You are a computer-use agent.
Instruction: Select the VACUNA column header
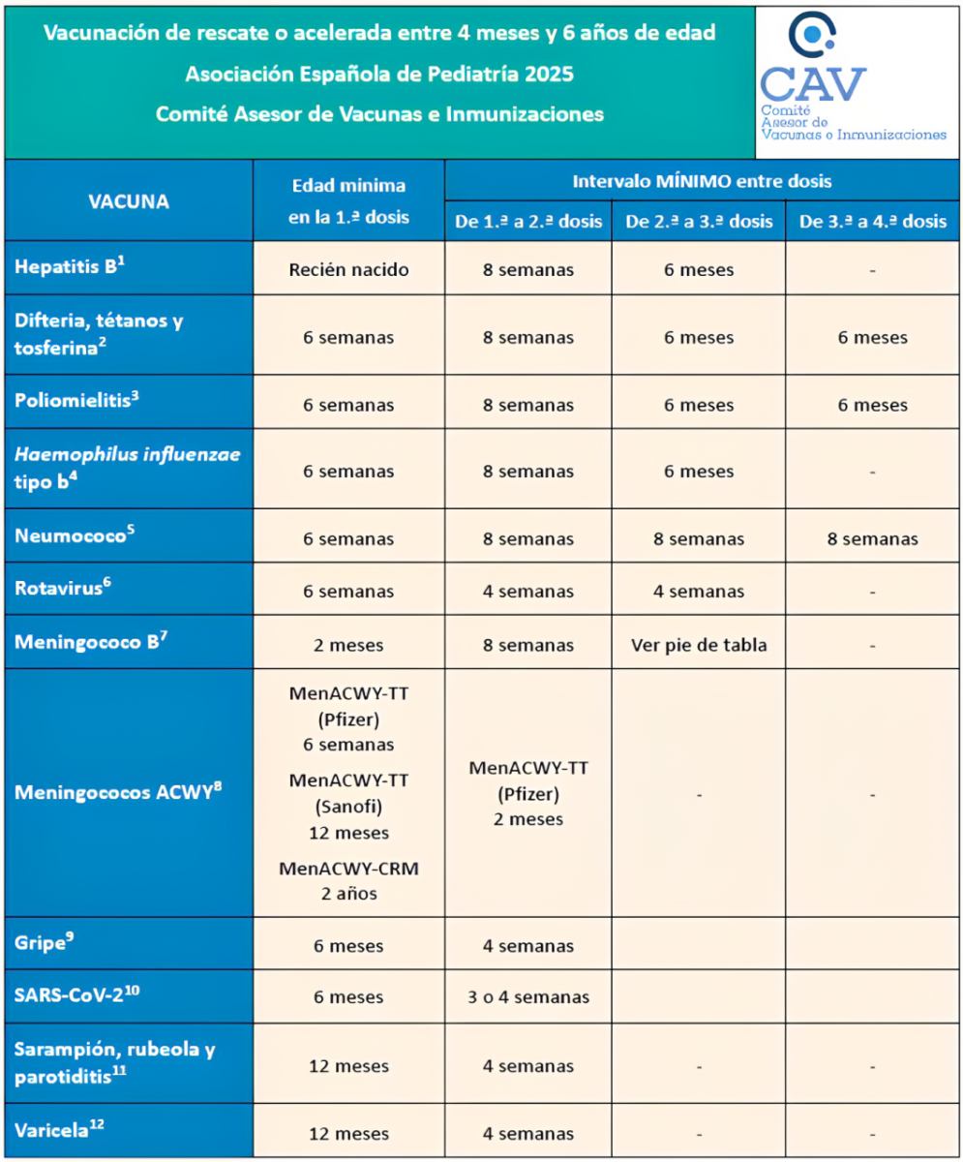coord(128,201)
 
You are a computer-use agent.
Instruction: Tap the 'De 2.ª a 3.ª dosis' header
coord(699,222)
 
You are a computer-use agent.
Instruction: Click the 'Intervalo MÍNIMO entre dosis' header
coord(702,181)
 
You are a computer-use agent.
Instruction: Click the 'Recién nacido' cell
coord(348,269)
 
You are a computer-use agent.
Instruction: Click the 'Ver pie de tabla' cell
coord(699,645)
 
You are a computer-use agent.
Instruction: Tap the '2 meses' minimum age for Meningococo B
coord(348,645)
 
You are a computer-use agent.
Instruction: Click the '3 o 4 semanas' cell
coord(527,997)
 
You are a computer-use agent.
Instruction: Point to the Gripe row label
coord(44,944)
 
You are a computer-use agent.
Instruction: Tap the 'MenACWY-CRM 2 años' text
coord(348,880)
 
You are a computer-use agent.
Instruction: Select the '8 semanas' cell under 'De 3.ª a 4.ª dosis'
coord(873,538)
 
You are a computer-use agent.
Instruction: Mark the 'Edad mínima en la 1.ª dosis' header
coord(348,201)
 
